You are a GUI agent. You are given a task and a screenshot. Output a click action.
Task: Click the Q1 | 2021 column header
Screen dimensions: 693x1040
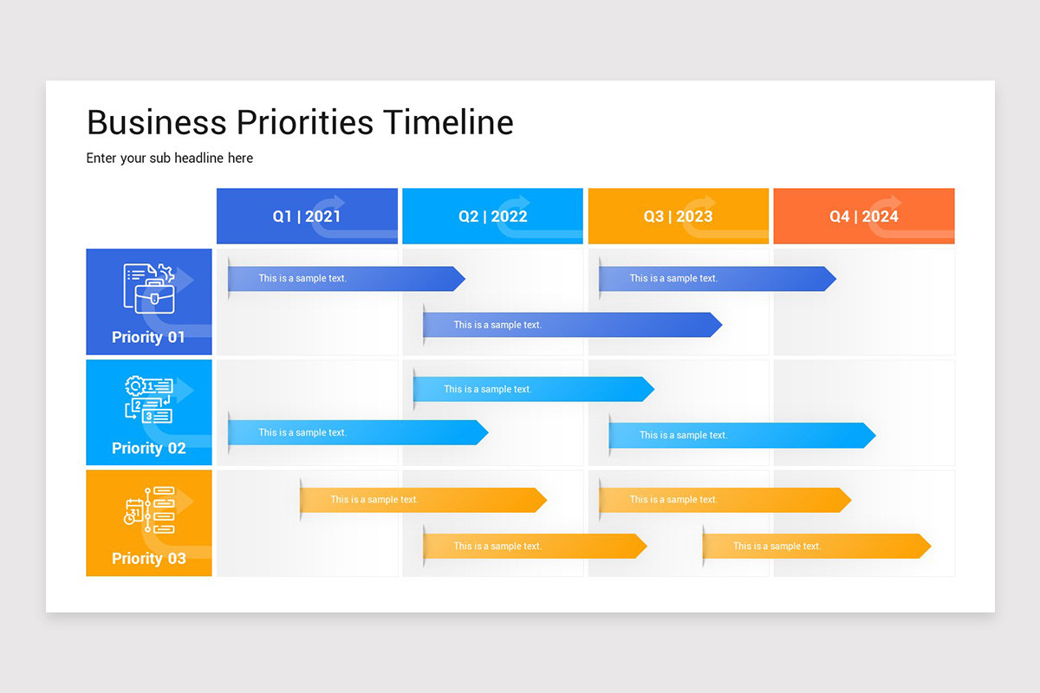[x=307, y=217]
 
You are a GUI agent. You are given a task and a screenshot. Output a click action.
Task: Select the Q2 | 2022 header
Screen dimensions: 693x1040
[x=492, y=217]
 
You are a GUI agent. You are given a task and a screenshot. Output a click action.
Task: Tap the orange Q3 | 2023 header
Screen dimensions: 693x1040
[x=678, y=217]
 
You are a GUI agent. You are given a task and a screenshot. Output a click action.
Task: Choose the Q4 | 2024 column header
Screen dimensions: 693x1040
[x=863, y=217]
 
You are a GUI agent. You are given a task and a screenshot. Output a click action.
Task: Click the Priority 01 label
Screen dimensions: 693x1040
[x=148, y=337]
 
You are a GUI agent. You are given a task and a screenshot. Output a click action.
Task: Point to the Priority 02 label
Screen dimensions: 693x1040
[x=148, y=448]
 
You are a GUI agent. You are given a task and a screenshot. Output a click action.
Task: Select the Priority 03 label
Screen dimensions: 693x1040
[x=148, y=559]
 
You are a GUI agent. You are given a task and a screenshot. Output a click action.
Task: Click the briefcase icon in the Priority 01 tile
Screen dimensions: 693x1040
[x=153, y=297]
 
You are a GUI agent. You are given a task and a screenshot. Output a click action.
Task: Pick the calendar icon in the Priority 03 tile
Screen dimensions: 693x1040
[x=133, y=511]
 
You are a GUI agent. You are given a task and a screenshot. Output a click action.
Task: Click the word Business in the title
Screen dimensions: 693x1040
[x=156, y=122]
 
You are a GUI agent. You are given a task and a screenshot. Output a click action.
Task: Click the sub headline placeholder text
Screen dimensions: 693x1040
[x=170, y=158]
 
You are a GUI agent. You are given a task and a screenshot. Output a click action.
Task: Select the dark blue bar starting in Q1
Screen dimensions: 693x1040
[x=346, y=279]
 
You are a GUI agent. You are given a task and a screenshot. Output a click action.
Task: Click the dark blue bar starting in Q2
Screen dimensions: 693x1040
[x=572, y=325]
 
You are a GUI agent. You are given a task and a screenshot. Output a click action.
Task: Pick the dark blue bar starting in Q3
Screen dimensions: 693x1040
[x=717, y=279]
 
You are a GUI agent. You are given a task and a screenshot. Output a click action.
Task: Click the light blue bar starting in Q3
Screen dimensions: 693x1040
[x=741, y=435]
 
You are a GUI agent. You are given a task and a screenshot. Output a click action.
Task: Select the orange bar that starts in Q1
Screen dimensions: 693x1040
[x=423, y=500]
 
